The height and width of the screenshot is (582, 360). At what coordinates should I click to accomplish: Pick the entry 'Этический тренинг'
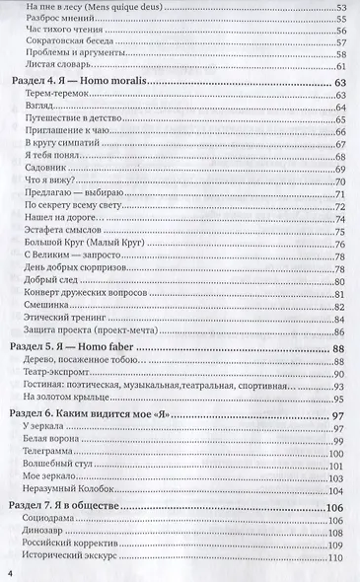pyautogui.click(x=56, y=320)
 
